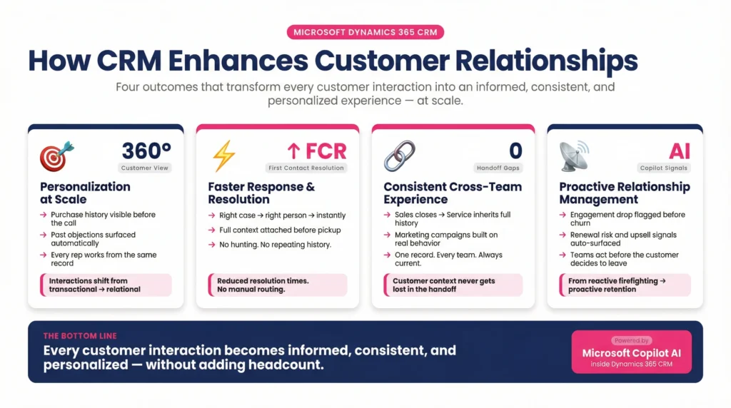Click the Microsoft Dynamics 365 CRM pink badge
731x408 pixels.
(x=365, y=32)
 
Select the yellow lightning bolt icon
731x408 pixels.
(x=224, y=155)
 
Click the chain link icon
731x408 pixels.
(x=399, y=155)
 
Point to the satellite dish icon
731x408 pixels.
(x=574, y=155)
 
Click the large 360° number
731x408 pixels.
(x=146, y=151)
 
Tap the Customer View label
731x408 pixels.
(x=146, y=168)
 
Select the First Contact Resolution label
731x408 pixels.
(x=307, y=168)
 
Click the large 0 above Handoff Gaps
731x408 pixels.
(x=515, y=151)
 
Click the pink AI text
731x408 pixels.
(x=680, y=151)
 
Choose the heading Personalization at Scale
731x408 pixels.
(x=85, y=193)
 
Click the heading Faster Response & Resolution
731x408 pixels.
(x=261, y=193)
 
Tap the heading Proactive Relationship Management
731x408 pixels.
(x=625, y=193)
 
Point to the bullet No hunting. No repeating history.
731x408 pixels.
(x=275, y=245)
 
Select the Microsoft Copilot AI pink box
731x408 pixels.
(x=631, y=352)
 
